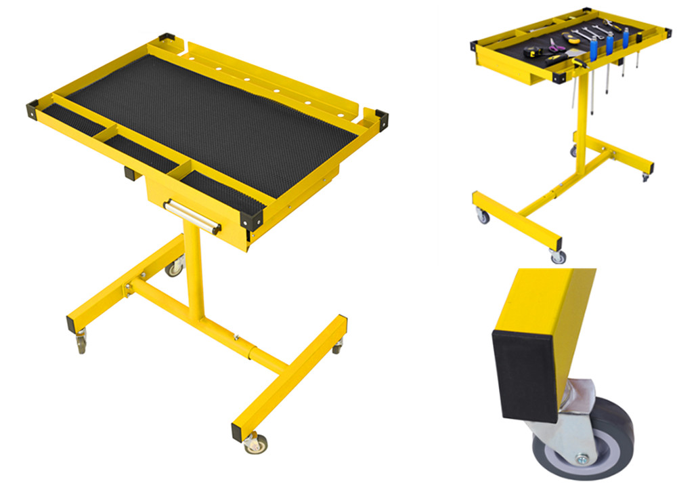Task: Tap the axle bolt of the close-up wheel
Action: tap(580, 460)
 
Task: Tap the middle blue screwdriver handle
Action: tap(609, 45)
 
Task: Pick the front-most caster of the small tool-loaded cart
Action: tap(558, 256)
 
